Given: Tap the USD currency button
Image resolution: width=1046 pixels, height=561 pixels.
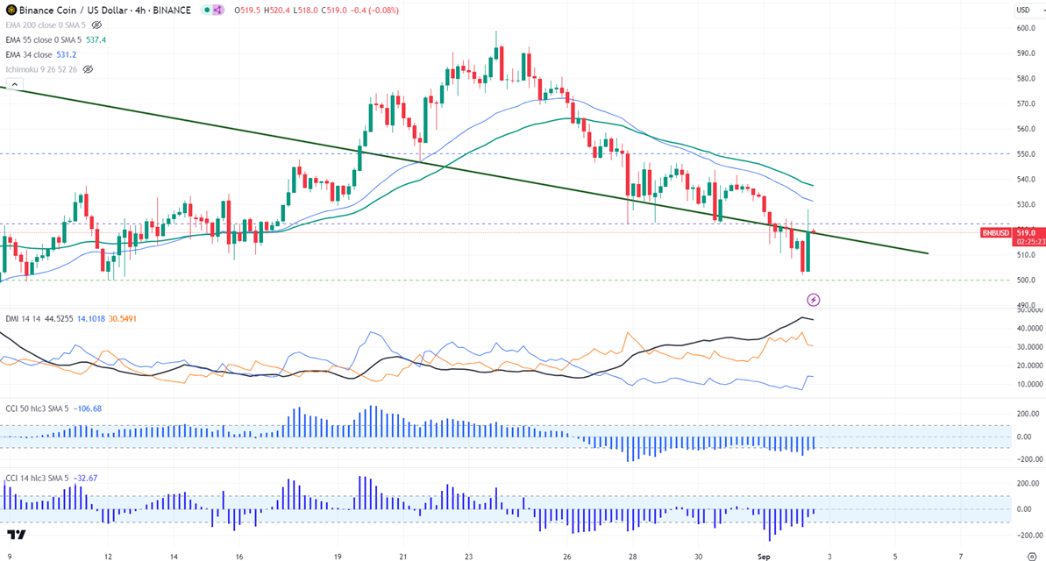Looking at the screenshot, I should point(1023,11).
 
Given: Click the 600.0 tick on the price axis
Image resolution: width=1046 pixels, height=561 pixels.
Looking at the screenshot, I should point(1026,28).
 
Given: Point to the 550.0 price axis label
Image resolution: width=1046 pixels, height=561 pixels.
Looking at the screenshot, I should point(1026,154).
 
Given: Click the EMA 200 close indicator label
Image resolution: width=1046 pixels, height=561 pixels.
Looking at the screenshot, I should point(47,25).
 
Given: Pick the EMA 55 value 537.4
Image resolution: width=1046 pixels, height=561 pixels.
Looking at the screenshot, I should point(97,40).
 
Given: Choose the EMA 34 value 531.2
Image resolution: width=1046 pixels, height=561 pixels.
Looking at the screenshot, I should point(68,54).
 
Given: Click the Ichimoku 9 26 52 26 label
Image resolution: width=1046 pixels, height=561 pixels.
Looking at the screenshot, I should point(41,69).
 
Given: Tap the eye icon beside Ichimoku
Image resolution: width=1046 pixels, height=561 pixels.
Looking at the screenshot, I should point(88,69).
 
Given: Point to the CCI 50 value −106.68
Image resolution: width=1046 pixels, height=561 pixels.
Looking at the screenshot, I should point(89,408).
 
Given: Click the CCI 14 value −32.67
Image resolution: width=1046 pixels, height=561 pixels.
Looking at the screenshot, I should point(87,478).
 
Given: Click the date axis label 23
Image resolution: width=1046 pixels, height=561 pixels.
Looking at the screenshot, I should point(468,556).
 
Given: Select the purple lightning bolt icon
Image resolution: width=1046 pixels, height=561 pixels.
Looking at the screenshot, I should point(814,300).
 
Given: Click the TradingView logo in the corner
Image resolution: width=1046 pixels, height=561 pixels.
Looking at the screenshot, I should point(16,535).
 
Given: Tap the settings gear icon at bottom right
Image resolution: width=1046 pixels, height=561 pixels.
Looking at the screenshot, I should point(1032,556).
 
